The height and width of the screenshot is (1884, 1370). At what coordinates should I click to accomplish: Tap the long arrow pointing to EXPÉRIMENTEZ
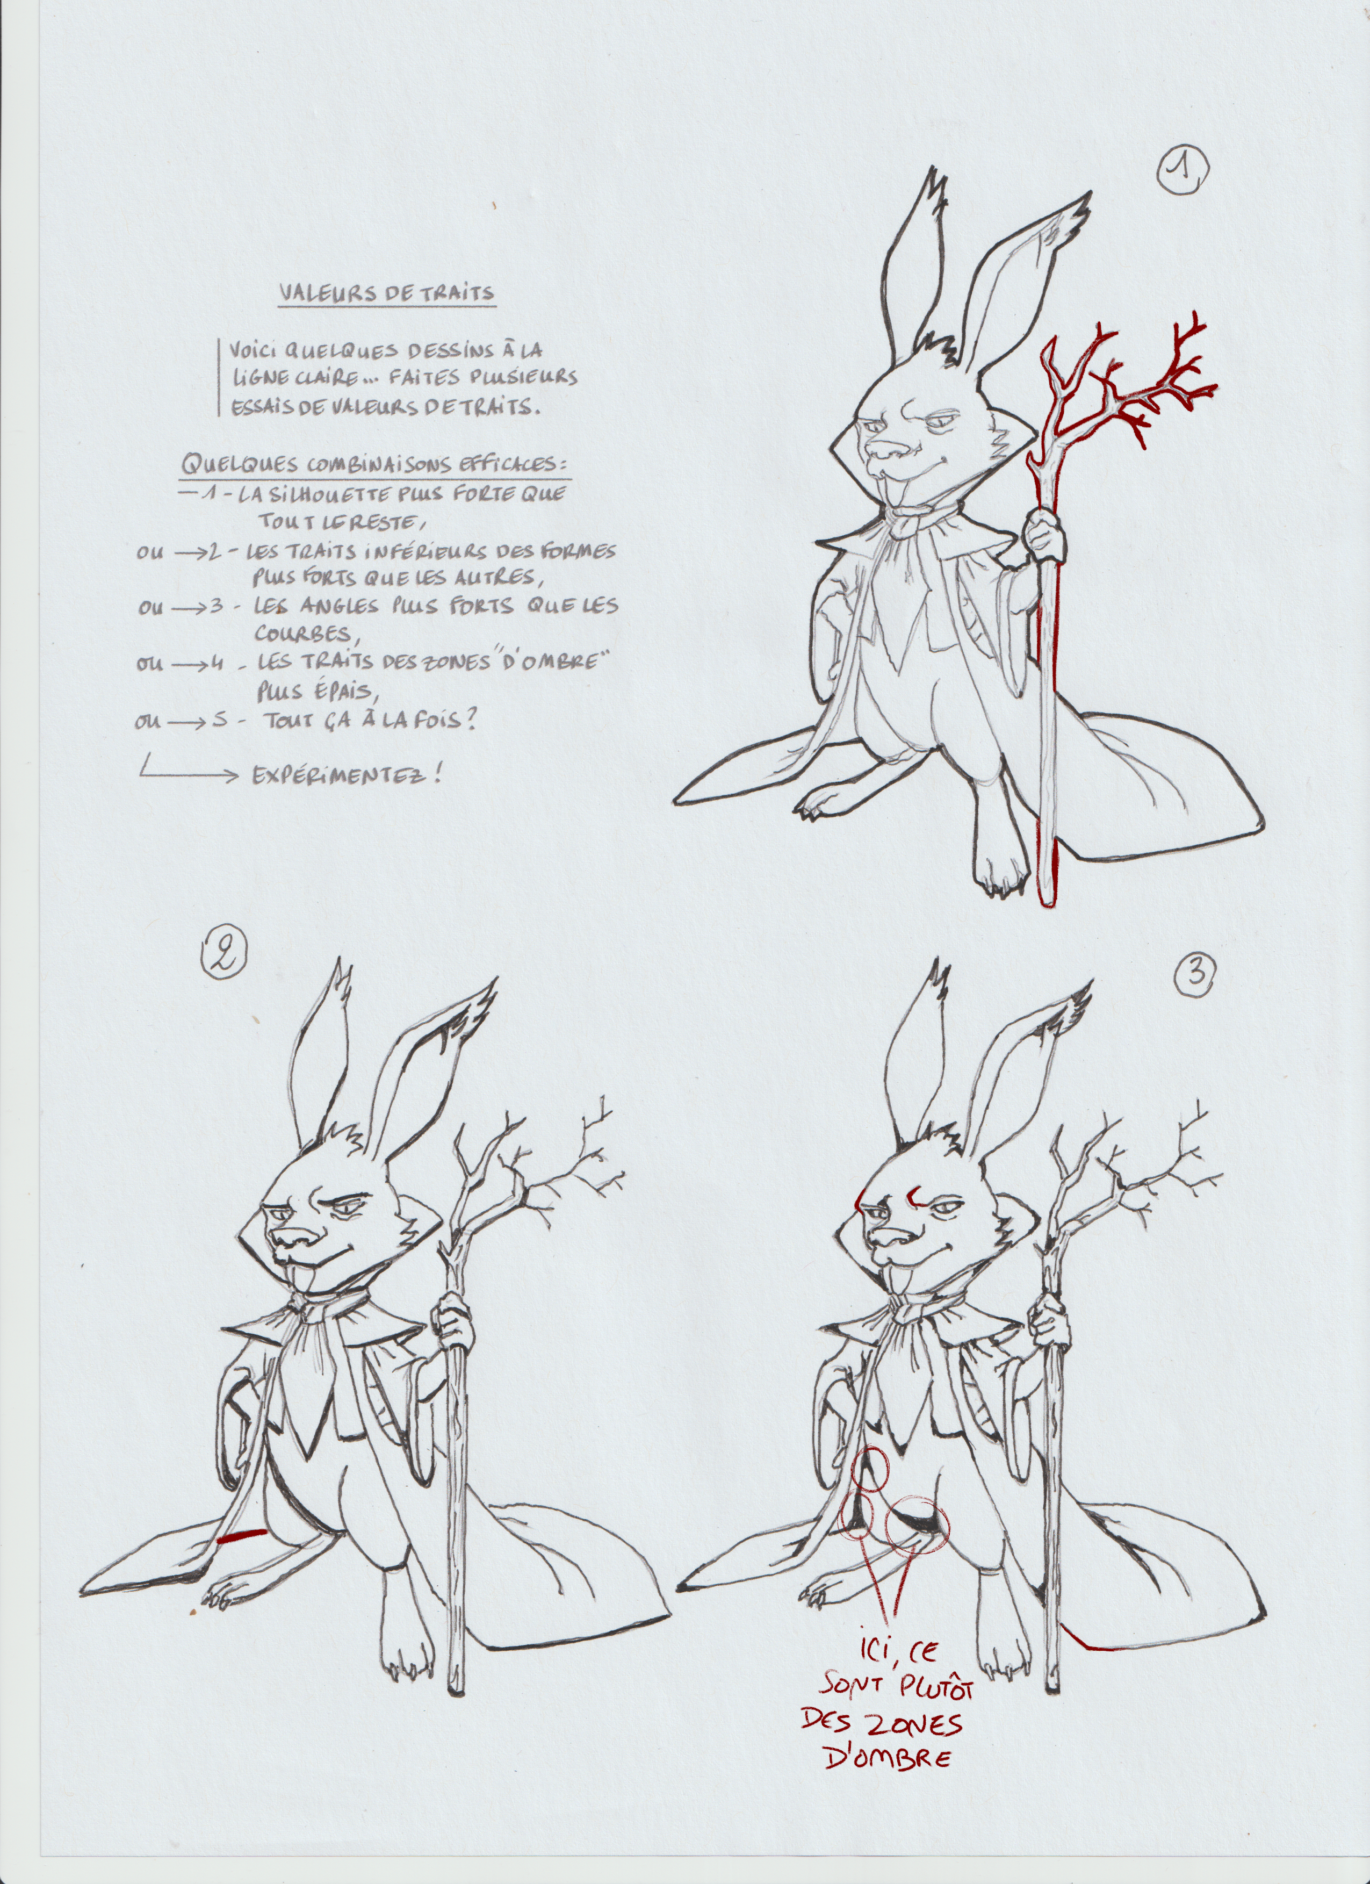click(x=188, y=773)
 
